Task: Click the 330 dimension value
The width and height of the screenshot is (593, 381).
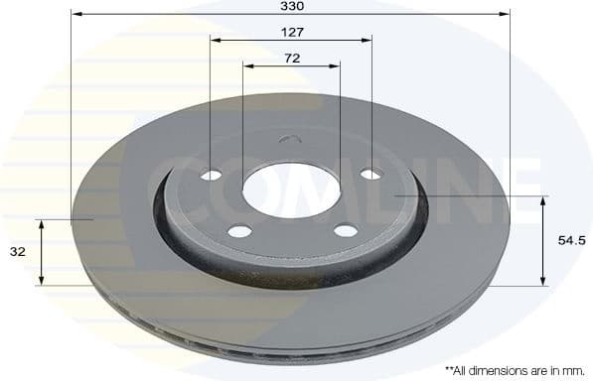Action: click(x=291, y=6)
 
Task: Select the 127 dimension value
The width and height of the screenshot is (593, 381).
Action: click(x=291, y=32)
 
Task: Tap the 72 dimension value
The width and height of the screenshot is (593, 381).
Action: click(x=291, y=58)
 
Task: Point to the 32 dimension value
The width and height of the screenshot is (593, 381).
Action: click(x=18, y=252)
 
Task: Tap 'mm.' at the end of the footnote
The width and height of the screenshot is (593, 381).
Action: click(x=573, y=369)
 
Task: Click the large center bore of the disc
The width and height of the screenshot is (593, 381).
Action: click(x=291, y=191)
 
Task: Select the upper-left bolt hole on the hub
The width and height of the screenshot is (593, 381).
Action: click(x=212, y=175)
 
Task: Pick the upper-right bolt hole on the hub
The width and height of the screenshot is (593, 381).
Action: click(x=370, y=175)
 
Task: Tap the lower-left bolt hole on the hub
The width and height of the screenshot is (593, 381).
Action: click(x=239, y=232)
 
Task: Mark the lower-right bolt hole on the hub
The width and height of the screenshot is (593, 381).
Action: click(x=345, y=231)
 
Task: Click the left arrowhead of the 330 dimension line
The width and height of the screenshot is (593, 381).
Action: click(x=75, y=15)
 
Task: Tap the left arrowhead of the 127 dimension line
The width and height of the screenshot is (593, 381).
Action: click(x=216, y=41)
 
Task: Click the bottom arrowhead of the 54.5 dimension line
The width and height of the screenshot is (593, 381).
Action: click(x=542, y=281)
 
